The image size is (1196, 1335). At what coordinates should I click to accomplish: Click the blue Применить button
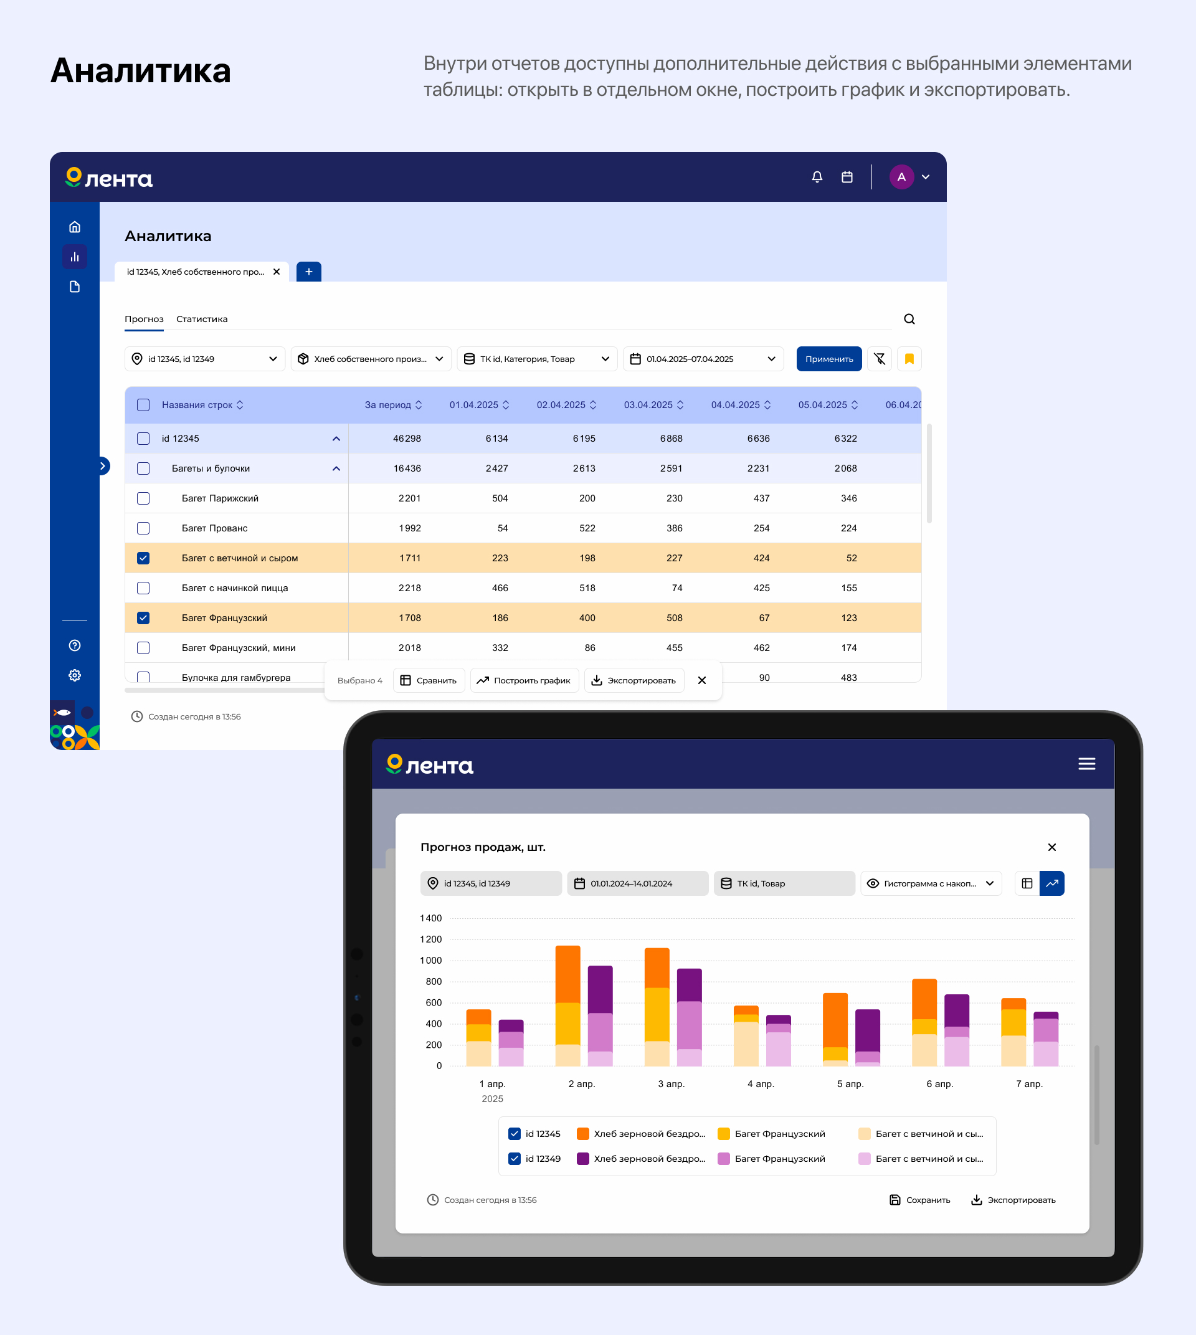[828, 359]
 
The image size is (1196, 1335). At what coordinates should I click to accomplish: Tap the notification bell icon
[817, 177]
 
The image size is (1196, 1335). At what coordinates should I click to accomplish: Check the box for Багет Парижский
[143, 498]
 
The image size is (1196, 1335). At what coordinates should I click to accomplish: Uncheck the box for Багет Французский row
[143, 618]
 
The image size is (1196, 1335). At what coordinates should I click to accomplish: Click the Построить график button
[524, 680]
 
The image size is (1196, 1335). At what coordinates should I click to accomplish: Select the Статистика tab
[202, 319]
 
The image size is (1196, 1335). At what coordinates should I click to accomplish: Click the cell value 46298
[407, 439]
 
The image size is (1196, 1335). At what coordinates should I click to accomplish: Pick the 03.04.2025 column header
[648, 405]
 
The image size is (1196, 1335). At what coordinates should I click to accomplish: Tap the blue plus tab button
[309, 272]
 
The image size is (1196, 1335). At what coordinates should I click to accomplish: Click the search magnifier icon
[909, 319]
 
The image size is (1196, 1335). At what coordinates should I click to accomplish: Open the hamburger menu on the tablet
[1086, 764]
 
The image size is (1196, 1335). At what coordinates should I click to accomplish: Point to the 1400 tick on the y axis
[431, 918]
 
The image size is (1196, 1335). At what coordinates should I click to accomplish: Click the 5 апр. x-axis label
[850, 1084]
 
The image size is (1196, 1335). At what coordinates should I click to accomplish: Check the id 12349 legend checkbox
[515, 1159]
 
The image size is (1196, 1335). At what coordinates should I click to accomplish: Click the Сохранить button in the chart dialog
[920, 1200]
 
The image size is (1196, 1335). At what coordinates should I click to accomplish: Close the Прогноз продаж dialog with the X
[1051, 847]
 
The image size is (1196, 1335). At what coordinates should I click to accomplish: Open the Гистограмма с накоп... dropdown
[931, 883]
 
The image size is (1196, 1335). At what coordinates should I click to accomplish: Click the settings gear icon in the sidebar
[75, 675]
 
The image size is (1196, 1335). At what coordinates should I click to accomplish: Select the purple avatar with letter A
[901, 177]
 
